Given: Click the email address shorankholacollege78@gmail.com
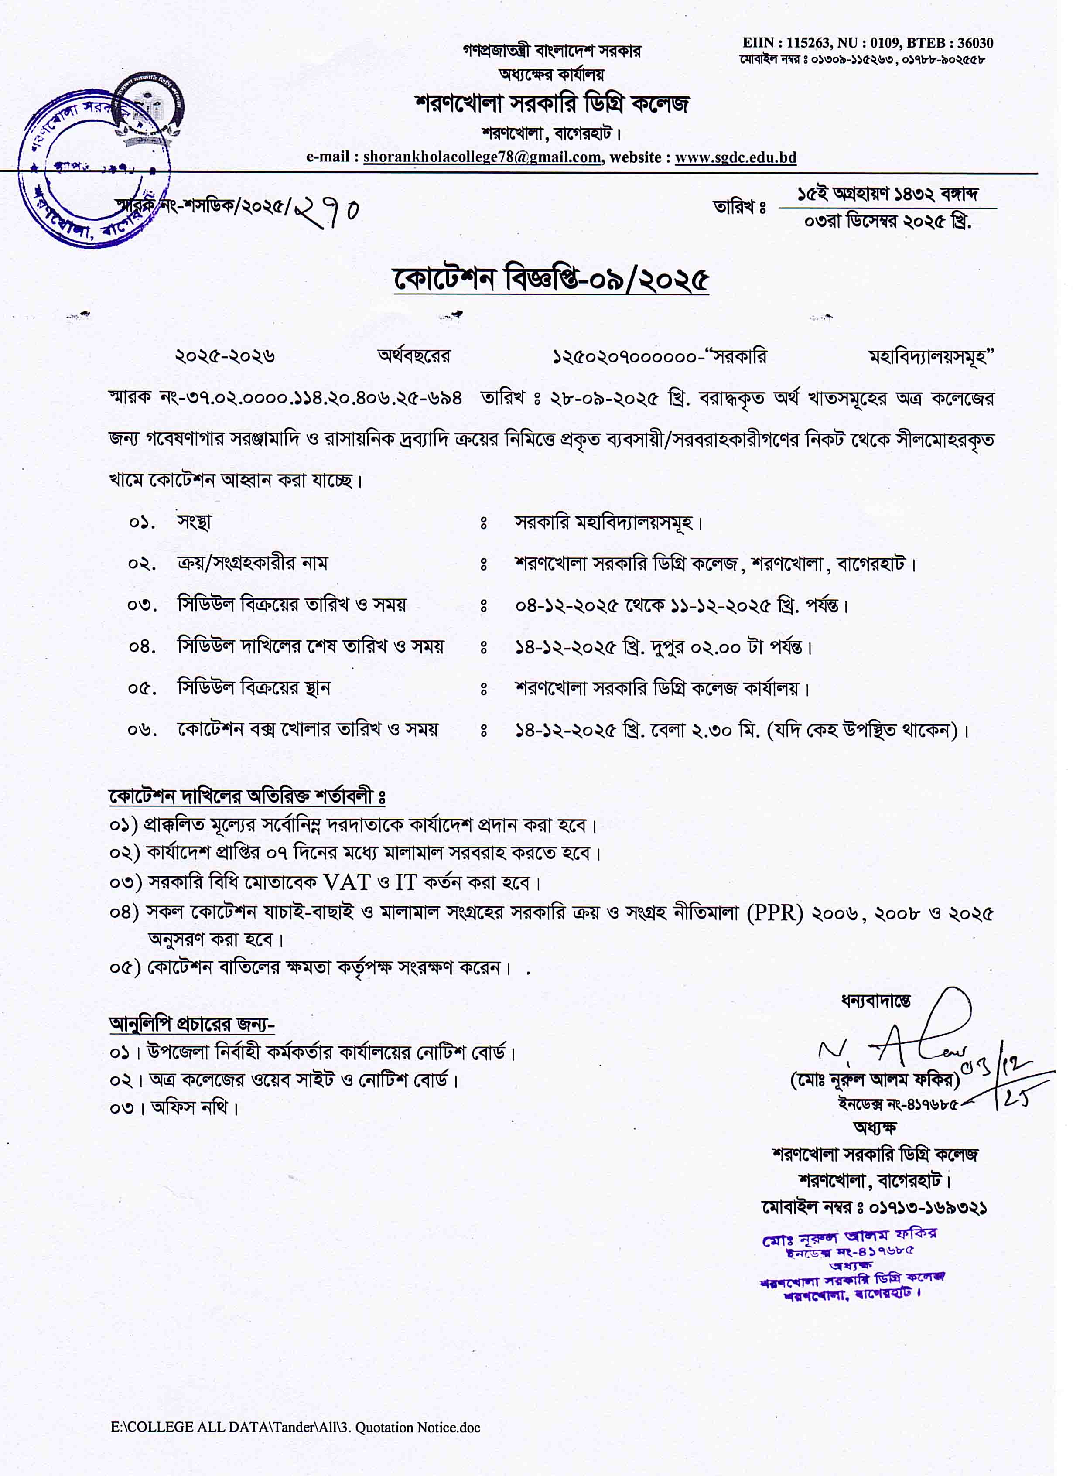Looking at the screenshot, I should click(x=482, y=157).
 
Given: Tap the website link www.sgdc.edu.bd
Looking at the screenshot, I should click(x=735, y=157).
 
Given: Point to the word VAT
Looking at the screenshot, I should click(x=347, y=883).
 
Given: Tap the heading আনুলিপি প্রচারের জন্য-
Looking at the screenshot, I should click(x=191, y=1025).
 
